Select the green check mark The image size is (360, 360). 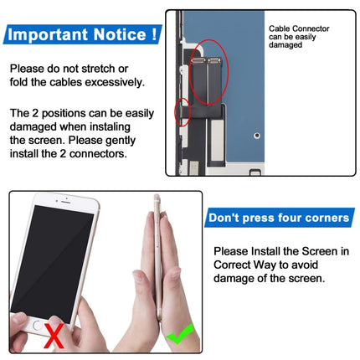tap(181, 337)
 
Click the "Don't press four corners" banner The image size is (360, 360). tap(279, 218)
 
